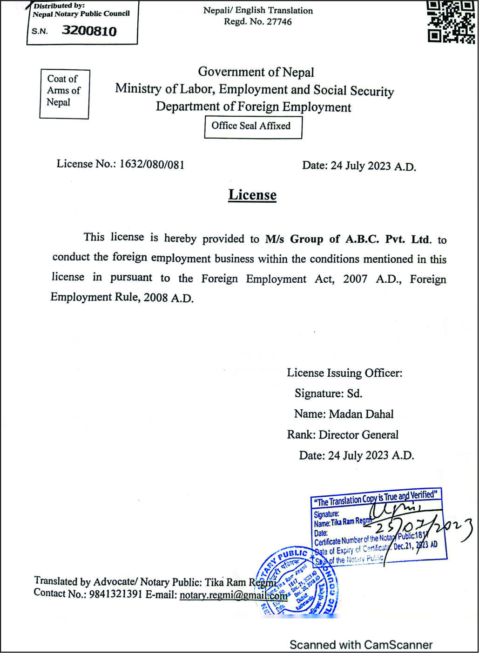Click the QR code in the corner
(x=451, y=22)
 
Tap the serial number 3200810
(x=89, y=31)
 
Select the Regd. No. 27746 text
(x=257, y=22)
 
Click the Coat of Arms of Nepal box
(x=64, y=94)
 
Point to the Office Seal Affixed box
(x=253, y=127)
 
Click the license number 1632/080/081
(x=152, y=164)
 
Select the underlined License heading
(x=252, y=195)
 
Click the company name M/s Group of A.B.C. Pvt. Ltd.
(x=348, y=240)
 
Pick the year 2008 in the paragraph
(x=155, y=298)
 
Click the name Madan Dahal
(x=361, y=414)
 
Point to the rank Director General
(x=358, y=435)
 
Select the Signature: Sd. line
(x=328, y=393)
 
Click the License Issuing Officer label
(x=344, y=373)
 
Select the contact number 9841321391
(x=116, y=594)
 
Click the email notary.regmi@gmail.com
(x=233, y=595)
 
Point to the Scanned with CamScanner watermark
(x=361, y=645)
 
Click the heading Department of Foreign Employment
(x=253, y=107)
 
